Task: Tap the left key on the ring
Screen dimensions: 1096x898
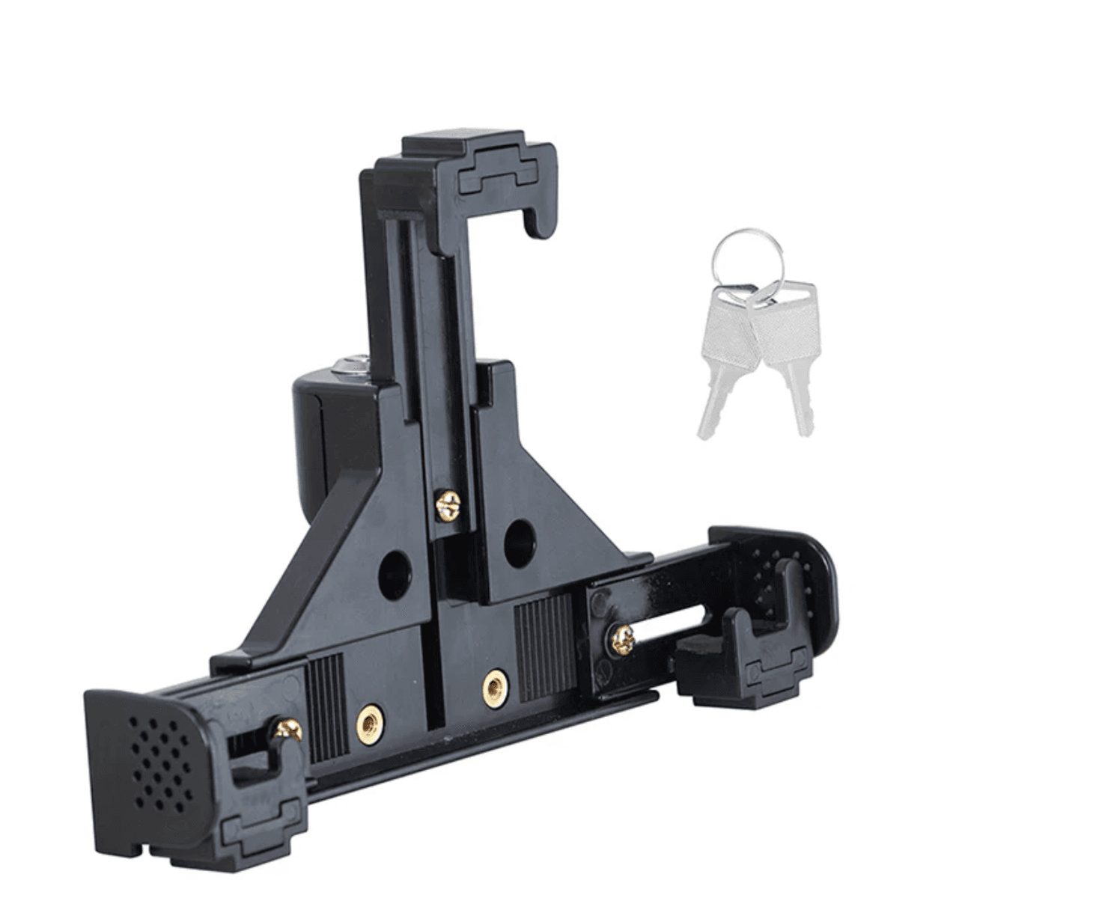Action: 722,352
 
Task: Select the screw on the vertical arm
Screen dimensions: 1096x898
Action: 448,505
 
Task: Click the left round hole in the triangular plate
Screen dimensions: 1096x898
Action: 395,574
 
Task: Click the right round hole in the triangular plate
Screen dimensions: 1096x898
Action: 519,542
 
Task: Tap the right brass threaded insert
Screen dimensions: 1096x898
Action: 495,687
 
